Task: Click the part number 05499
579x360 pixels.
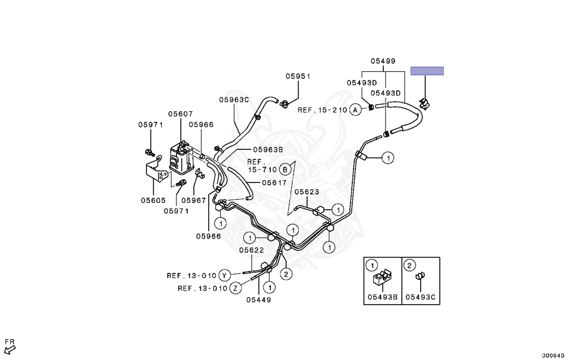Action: pyautogui.click(x=383, y=61)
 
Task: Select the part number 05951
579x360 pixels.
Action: pyautogui.click(x=297, y=76)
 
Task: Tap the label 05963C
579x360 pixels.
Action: pyautogui.click(x=234, y=100)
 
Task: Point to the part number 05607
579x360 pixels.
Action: pyautogui.click(x=180, y=114)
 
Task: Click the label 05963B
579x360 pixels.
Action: pyautogui.click(x=267, y=150)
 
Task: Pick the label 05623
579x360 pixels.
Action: pyautogui.click(x=306, y=192)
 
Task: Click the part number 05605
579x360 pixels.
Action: pyautogui.click(x=153, y=199)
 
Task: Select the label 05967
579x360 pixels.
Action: pyautogui.click(x=193, y=199)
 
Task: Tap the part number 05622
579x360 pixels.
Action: pyautogui.click(x=251, y=250)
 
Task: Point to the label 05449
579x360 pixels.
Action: pyautogui.click(x=258, y=300)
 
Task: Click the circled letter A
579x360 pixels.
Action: pyautogui.click(x=355, y=110)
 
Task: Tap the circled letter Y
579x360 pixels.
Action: pyautogui.click(x=224, y=276)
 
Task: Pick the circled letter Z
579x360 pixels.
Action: pyautogui.click(x=236, y=288)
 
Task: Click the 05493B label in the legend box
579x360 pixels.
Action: pyautogui.click(x=382, y=296)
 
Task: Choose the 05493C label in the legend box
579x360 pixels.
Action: pyautogui.click(x=421, y=296)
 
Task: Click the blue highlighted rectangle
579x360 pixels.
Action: pyautogui.click(x=427, y=71)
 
